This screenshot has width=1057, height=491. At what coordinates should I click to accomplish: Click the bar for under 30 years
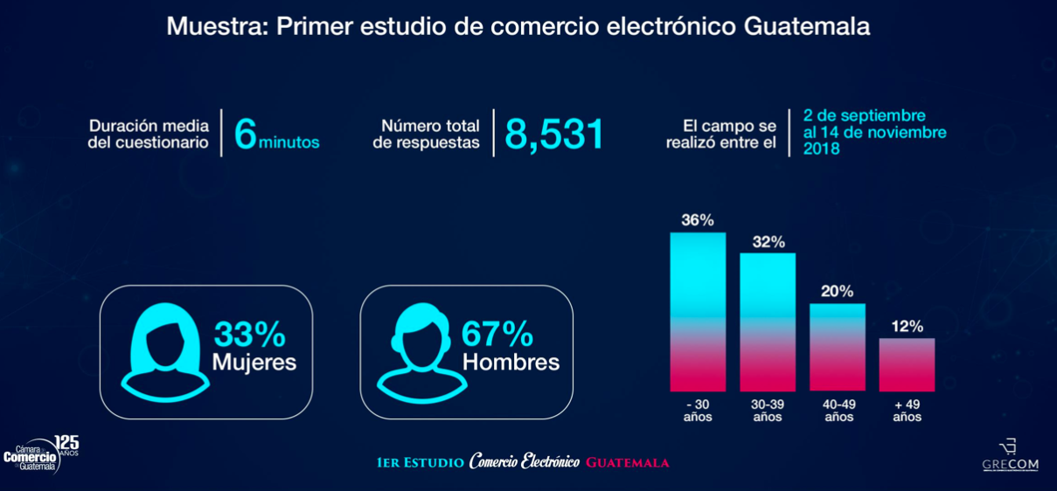point(698,312)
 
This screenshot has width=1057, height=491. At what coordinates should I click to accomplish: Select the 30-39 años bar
point(768,322)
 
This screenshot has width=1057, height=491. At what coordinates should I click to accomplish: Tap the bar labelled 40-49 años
point(838,348)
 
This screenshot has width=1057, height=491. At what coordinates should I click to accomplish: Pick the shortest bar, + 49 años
point(907,365)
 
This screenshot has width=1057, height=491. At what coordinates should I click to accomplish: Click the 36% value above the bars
point(698,220)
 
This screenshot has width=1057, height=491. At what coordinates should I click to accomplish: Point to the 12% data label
point(907,327)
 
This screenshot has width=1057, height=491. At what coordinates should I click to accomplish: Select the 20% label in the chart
point(838,292)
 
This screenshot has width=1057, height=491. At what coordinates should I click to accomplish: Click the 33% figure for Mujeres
point(250,334)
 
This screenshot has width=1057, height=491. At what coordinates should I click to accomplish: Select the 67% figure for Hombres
point(497,334)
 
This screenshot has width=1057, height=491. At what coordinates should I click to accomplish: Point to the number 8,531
point(554,135)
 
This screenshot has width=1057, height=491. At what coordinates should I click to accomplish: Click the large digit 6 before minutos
point(246,135)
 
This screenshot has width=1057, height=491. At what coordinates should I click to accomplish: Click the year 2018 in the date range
point(822,149)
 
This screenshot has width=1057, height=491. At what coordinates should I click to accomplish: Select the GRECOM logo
point(1011,455)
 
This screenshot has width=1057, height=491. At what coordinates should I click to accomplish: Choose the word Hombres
point(511,362)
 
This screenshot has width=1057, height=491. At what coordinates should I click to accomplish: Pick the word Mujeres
point(254,362)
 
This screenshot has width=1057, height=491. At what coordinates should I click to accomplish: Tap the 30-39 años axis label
point(768,411)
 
